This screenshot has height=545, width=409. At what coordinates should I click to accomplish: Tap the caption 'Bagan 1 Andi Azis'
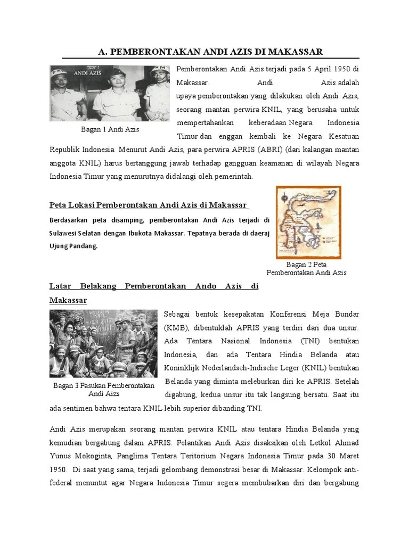click(110, 129)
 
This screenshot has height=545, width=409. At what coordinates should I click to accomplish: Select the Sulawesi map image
click(308, 222)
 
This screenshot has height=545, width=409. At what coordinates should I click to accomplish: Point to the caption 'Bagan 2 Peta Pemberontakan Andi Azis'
click(306, 268)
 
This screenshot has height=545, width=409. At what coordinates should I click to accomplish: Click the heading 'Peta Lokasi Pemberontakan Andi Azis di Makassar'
click(149, 205)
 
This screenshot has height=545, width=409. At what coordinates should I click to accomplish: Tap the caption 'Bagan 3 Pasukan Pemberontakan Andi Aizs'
click(104, 390)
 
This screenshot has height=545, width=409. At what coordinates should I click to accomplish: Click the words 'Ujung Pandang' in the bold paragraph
click(73, 246)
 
